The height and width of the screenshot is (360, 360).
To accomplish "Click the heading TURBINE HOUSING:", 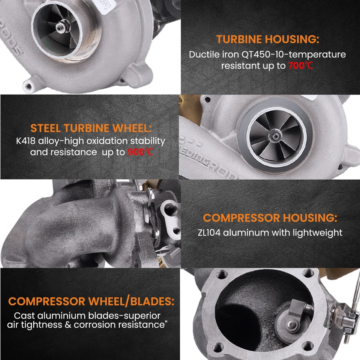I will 267,39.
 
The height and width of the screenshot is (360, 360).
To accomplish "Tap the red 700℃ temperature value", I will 301,66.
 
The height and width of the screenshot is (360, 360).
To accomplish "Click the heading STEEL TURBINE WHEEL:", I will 91,128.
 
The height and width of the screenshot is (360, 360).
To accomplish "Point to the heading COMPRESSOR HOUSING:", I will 270,218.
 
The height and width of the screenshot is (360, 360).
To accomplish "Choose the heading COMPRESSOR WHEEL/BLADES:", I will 91,301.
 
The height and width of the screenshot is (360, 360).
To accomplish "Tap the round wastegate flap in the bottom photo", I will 286,320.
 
